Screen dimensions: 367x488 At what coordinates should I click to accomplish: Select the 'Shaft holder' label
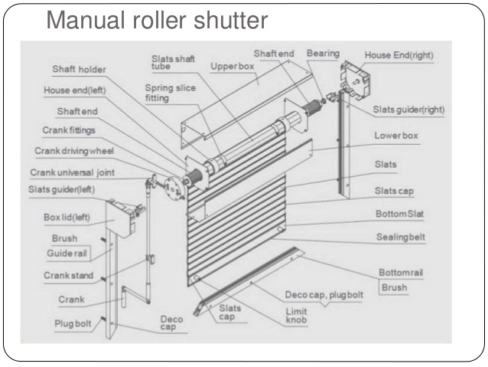tap(79, 69)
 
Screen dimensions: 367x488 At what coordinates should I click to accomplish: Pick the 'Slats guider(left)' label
tap(63, 189)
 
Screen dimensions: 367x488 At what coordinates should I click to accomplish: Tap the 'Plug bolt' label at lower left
tap(73, 323)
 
